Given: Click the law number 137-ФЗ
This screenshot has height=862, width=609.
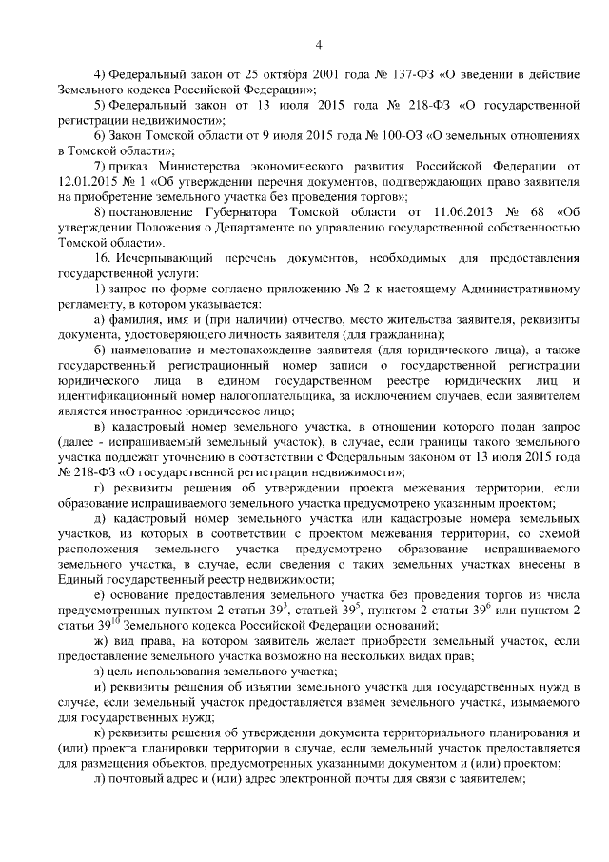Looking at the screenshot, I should click(x=373, y=73).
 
